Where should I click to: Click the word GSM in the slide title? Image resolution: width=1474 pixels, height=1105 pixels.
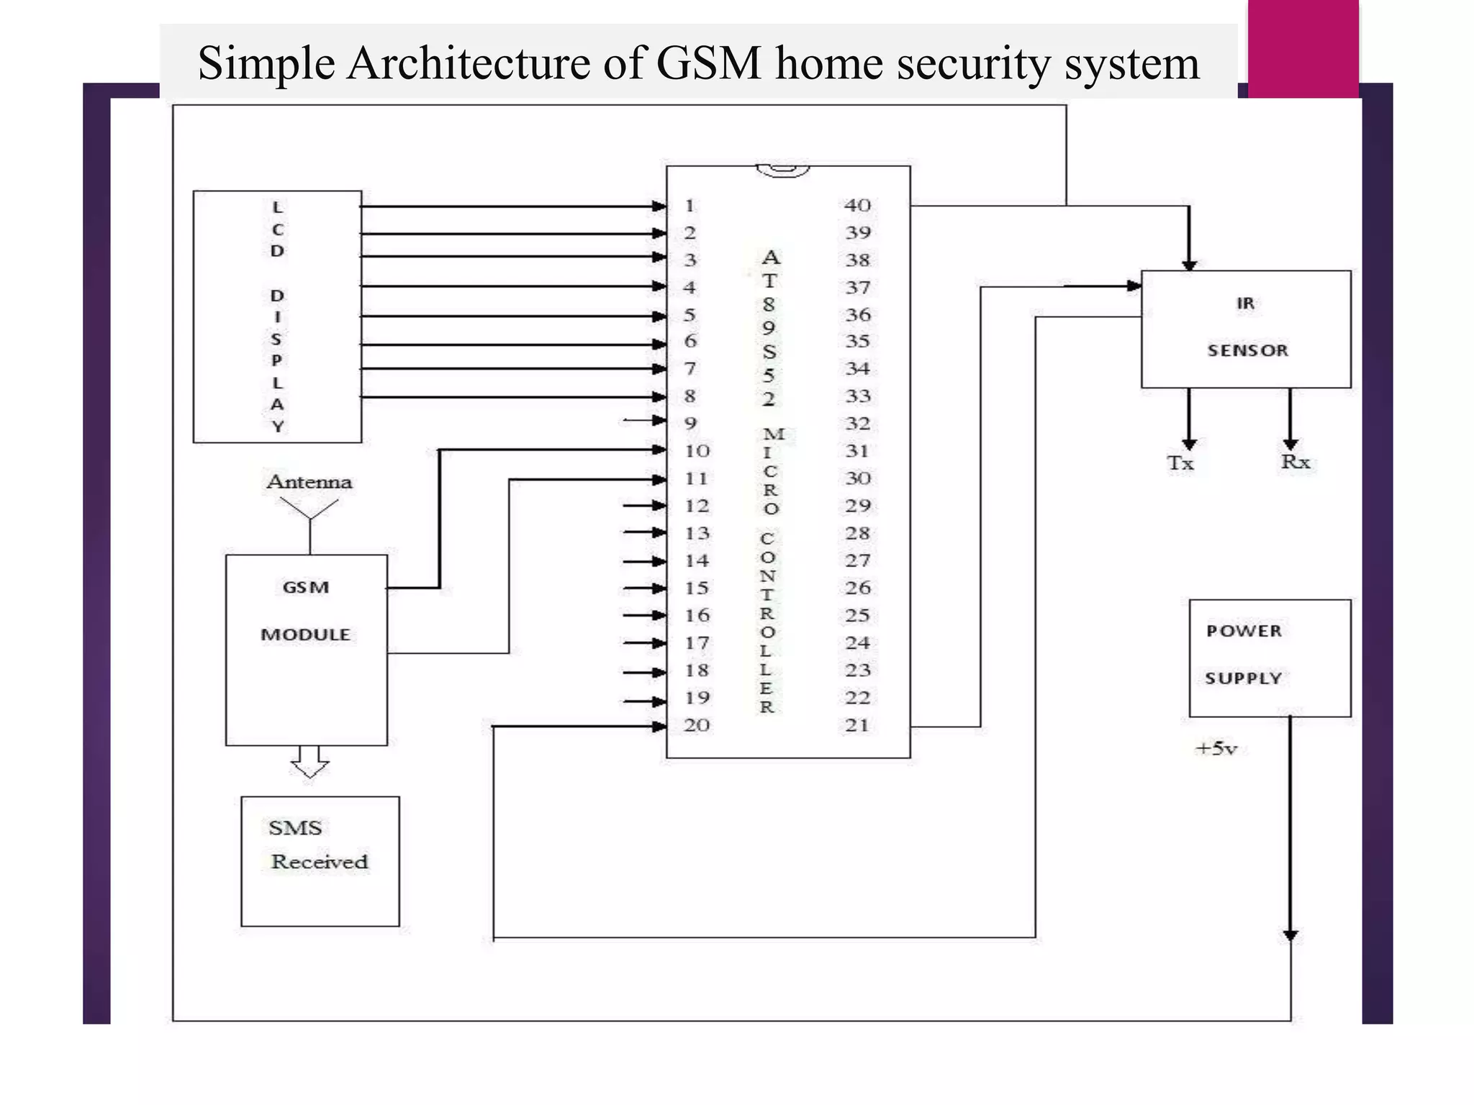(708, 63)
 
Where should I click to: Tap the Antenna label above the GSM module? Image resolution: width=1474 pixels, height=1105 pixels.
(309, 481)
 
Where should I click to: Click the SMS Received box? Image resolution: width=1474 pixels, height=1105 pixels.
(320, 860)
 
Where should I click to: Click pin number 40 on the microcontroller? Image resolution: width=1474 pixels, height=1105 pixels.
(857, 205)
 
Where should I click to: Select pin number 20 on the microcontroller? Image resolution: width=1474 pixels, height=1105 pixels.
(696, 725)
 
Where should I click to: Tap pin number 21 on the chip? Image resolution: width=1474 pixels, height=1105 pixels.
(856, 725)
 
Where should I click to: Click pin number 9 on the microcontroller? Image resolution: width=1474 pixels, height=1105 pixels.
(690, 423)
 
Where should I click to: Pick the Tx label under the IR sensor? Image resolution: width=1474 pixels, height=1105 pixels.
(1180, 463)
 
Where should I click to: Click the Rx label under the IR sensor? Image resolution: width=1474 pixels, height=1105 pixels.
(1295, 462)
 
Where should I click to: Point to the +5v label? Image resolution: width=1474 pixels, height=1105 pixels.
(1216, 749)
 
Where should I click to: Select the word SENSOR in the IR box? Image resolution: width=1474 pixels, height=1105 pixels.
(1247, 350)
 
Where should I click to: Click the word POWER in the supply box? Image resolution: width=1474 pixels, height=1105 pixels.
(1244, 631)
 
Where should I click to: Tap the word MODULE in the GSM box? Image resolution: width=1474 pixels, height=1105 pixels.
(305, 635)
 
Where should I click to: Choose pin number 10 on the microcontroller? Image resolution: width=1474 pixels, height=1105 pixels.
(697, 451)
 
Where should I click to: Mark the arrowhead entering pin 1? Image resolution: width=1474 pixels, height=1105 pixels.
(659, 206)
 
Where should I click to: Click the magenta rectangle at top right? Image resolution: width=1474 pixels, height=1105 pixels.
(1303, 47)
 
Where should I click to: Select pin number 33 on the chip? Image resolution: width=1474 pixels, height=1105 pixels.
(857, 396)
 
